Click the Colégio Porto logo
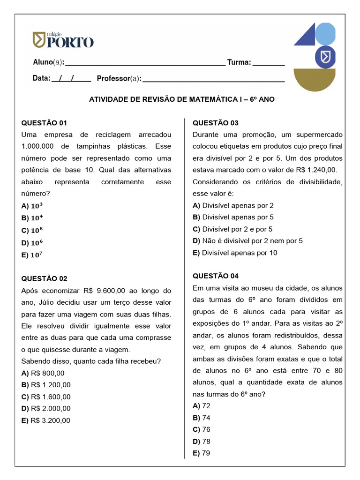coord(63,40)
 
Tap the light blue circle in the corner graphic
coord(325,34)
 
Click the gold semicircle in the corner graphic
coord(314,78)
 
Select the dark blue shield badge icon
coord(324,57)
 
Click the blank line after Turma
coord(269,63)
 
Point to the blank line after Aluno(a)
coord(145,63)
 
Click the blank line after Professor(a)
coord(213,79)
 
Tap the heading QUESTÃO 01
coord(45,123)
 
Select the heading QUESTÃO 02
coord(45,278)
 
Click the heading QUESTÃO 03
coord(216,123)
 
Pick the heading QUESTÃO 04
coord(216,276)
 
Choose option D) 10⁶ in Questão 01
coord(32,243)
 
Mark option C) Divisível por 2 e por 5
coord(232,229)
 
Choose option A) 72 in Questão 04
coord(202,405)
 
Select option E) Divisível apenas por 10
coord(235,253)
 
